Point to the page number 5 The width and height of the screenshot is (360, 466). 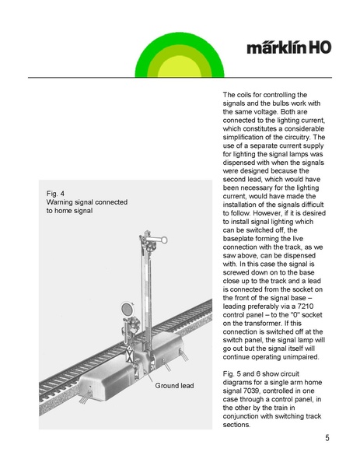click(x=327, y=438)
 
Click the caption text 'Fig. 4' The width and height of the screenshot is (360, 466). click(x=55, y=194)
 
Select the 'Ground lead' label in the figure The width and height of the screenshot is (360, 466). click(x=174, y=385)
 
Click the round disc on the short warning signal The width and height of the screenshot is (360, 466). click(x=128, y=310)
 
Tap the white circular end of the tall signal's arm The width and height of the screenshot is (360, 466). click(x=163, y=240)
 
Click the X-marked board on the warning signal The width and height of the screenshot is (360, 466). click(x=130, y=354)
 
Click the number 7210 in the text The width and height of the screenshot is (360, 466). click(x=306, y=306)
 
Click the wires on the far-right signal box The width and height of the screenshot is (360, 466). click(x=184, y=356)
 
